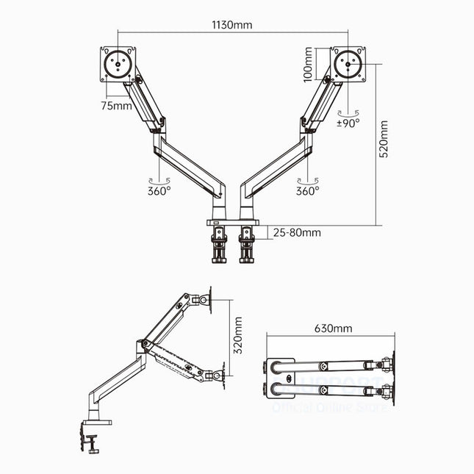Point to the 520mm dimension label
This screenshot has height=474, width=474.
click(384, 140)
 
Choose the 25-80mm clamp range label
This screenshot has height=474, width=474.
click(297, 232)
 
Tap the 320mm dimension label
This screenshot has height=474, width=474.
click(237, 337)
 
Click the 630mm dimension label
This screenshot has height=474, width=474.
click(333, 328)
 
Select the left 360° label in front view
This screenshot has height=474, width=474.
click(158, 190)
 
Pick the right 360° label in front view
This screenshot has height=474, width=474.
click(307, 190)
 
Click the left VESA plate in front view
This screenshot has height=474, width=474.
click(118, 63)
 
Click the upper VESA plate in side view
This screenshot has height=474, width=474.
click(212, 297)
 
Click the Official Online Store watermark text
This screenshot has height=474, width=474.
click(330, 406)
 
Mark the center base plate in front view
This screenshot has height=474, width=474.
click(231, 221)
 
